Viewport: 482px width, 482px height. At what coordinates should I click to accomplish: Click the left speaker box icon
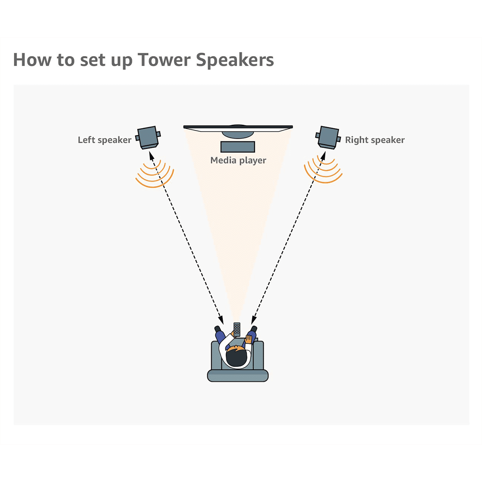(x=148, y=137)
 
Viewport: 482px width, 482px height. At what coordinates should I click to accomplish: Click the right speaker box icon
(x=328, y=137)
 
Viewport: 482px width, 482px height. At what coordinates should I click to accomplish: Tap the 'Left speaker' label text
(x=105, y=140)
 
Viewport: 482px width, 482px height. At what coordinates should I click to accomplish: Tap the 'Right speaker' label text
(x=375, y=140)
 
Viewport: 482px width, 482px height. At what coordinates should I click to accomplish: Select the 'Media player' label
(x=238, y=160)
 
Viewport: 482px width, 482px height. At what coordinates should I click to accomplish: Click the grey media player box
(x=238, y=147)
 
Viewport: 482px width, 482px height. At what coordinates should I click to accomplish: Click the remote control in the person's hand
(x=237, y=329)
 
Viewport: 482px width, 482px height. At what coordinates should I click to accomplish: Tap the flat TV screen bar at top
(x=238, y=127)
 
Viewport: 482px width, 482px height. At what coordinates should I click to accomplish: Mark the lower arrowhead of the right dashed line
(x=254, y=320)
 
